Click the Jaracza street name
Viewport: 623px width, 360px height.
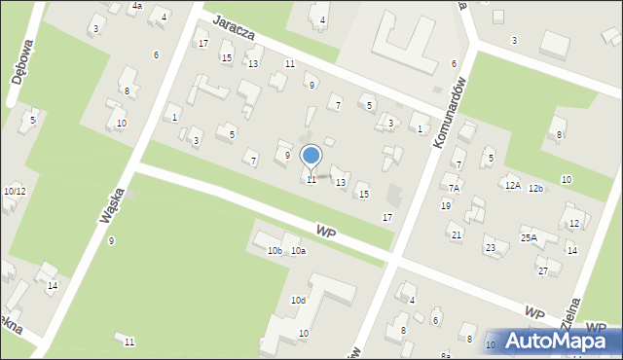point(235,32)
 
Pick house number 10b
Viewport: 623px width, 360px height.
point(275,251)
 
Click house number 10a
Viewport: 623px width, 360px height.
point(298,251)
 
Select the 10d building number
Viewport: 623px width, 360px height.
point(298,301)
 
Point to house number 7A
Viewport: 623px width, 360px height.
point(454,188)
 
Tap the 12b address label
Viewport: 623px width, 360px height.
point(536,188)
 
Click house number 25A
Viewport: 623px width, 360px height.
point(529,238)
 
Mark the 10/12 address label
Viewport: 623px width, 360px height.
point(15,191)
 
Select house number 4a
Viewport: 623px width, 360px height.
point(137,6)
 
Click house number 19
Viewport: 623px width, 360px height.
point(446,205)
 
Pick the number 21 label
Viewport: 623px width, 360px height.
point(456,234)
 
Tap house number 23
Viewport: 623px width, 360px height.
point(491,248)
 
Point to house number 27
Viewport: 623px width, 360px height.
point(543,270)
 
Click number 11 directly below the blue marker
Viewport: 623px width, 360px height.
point(311,180)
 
